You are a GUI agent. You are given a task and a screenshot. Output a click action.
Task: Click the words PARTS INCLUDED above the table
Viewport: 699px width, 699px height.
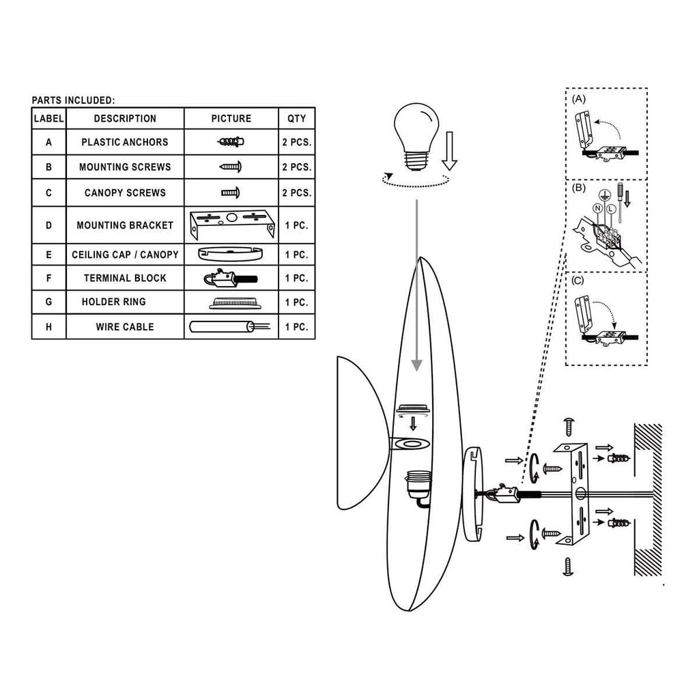73,100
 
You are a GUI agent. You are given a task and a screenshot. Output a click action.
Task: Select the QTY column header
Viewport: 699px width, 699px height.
296,119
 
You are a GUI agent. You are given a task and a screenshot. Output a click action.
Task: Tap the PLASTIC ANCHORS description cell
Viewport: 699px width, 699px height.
125,142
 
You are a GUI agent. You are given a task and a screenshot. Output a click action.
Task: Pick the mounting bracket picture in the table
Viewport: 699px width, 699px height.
232,224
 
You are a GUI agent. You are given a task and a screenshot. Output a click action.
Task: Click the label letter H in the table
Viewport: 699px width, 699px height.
48,327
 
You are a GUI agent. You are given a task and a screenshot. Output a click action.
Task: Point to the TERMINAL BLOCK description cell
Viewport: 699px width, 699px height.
125,279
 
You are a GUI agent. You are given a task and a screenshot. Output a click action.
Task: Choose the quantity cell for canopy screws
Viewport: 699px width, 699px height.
296,193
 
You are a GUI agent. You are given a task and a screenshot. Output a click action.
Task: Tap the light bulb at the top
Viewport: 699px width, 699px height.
416,136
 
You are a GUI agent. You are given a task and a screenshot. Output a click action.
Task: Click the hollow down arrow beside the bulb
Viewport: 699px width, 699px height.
449,151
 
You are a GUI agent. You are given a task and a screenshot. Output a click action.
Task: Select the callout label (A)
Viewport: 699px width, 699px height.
579,99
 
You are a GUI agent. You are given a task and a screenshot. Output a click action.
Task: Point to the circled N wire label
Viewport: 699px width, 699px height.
598,208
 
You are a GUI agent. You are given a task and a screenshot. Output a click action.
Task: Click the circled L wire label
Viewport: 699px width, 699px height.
611,209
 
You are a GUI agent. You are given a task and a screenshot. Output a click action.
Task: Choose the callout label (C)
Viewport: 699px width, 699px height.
577,281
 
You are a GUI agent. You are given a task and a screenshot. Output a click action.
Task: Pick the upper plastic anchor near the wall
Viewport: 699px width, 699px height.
618,458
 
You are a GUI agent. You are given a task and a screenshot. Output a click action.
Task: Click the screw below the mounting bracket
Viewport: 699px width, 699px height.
568,566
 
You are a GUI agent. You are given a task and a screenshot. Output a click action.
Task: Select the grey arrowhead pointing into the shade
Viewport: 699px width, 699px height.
416,365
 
